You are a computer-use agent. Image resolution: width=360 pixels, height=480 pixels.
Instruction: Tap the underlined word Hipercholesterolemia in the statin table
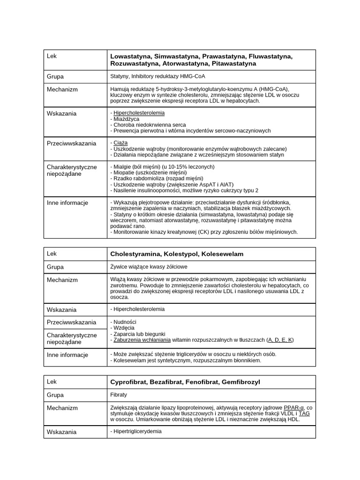tap(139, 113)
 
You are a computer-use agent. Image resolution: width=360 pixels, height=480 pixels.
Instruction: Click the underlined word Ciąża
tap(120, 142)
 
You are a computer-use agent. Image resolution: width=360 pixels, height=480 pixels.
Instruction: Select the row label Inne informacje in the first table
tap(67, 203)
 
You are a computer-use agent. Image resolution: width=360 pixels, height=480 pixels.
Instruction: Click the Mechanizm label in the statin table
tap(62, 89)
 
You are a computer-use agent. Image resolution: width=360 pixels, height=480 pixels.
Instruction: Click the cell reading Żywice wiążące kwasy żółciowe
tap(149, 267)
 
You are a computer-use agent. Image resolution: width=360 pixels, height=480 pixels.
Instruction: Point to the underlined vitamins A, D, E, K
tap(280, 340)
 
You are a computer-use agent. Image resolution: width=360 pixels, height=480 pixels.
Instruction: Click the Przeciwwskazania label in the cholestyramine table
tap(71, 322)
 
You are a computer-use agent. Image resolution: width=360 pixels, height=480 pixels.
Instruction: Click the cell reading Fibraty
tap(119, 395)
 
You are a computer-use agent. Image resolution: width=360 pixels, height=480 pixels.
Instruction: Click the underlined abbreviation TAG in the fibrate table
tap(304, 413)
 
